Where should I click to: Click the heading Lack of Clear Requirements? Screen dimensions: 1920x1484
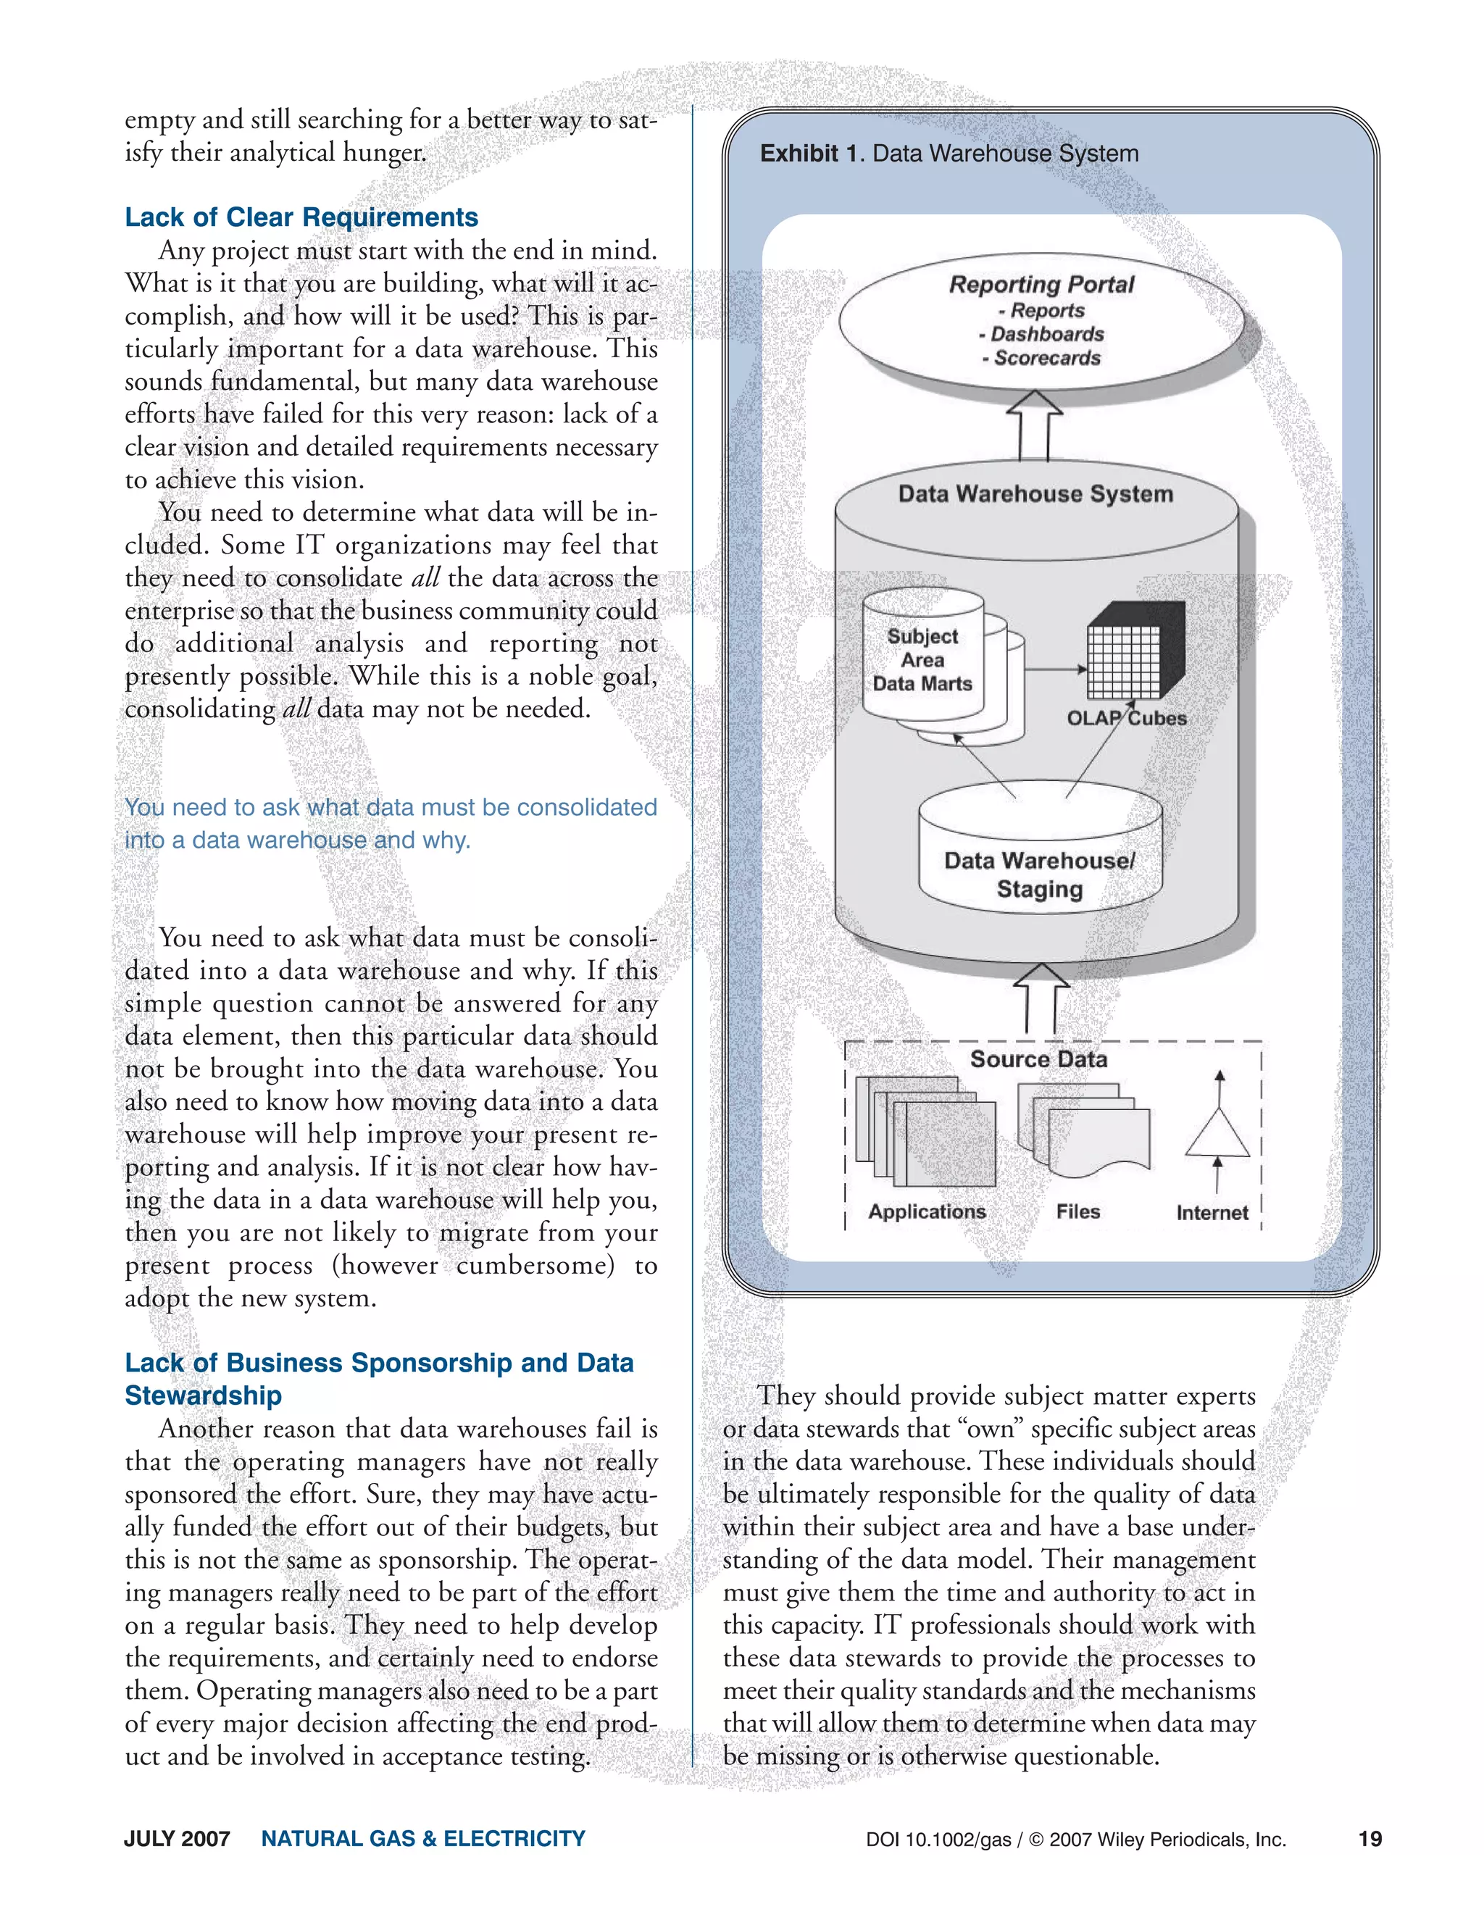pos(301,217)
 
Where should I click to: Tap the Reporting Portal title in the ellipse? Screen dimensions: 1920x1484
pos(1041,285)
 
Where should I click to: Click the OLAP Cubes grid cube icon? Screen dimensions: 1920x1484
pos(1134,651)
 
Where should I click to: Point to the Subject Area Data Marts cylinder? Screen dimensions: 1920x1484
pos(923,659)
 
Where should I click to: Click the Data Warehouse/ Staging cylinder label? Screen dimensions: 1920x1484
pos(1039,875)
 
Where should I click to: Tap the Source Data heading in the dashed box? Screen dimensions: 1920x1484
pos(1038,1059)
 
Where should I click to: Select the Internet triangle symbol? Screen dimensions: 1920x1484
pos(1217,1134)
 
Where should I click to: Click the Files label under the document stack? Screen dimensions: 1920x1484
pos(1077,1211)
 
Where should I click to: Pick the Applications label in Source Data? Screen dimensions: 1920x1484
pos(927,1211)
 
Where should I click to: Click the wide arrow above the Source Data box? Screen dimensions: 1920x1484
pos(1041,998)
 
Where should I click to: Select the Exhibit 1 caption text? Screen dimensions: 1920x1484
pos(949,154)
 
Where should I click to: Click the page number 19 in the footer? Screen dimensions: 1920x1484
pos(1370,1839)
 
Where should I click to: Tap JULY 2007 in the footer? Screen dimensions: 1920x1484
pos(177,1839)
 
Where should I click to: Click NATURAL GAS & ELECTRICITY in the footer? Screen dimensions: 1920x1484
pos(423,1839)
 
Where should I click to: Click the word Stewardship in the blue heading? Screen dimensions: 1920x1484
pos(203,1395)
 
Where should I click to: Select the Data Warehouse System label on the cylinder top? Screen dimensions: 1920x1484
pos(1035,494)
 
